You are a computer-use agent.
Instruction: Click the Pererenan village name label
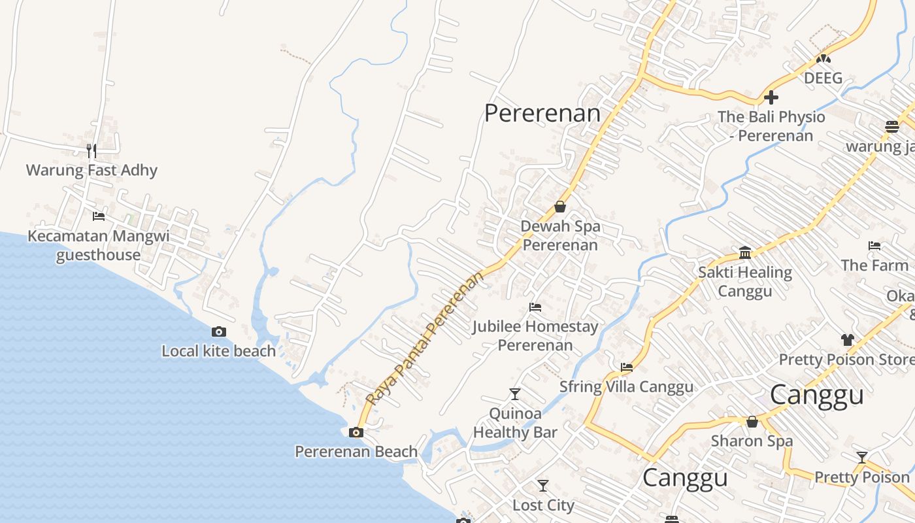[542, 113]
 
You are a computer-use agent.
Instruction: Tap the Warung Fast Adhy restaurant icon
[91, 151]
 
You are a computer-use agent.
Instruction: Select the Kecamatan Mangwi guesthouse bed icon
[99, 216]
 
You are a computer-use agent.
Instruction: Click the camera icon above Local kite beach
[219, 332]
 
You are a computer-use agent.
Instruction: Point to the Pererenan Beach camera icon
[356, 432]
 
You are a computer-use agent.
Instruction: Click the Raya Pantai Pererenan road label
[425, 339]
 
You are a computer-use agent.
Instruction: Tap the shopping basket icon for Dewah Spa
[560, 207]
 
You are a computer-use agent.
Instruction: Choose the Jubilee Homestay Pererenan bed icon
[535, 307]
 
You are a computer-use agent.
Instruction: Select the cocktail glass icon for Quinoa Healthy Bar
[515, 394]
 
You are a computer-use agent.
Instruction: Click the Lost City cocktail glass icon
[543, 486]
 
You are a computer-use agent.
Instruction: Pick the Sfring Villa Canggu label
[626, 386]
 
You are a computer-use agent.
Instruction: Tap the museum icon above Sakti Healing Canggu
[745, 252]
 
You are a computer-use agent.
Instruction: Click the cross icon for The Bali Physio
[771, 97]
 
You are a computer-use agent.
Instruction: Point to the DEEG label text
[823, 78]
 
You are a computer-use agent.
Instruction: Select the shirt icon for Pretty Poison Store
[848, 340]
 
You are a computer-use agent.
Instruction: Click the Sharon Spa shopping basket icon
[752, 422]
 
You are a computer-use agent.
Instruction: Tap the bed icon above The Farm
[874, 246]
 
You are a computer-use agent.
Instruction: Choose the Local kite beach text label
[219, 351]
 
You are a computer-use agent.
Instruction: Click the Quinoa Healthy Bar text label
[515, 422]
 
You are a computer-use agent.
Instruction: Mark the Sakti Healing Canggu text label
[745, 281]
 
